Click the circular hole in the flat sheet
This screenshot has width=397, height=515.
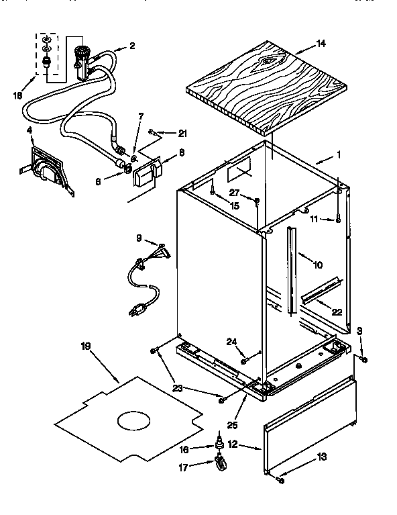point(137,421)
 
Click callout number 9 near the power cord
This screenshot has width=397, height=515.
point(139,238)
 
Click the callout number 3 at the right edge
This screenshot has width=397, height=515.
point(360,331)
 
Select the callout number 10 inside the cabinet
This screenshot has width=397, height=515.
point(317,265)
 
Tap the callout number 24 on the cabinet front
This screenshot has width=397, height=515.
point(231,341)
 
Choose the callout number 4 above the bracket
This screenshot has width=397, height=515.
point(30,129)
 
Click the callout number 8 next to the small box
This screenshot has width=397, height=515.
point(182,153)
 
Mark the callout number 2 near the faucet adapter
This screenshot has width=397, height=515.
point(131,46)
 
